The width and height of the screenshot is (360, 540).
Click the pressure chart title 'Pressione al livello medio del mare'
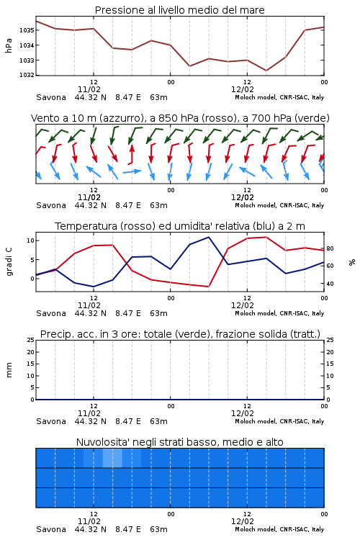[179, 10]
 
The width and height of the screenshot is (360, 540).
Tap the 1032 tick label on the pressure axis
[27, 75]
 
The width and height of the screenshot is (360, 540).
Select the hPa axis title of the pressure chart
[9, 45]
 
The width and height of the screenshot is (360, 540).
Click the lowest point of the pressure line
[266, 71]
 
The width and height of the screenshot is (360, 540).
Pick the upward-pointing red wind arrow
[131, 154]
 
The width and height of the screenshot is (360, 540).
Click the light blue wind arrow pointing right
[132, 171]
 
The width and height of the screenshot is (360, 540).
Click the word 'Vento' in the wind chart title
[42, 118]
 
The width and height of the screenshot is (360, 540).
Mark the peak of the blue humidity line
[208, 237]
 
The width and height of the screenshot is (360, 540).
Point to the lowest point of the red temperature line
[208, 287]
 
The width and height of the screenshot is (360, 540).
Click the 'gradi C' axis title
[9, 262]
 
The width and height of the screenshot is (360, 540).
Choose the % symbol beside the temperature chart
[352, 262]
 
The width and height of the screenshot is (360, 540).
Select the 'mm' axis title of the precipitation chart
[9, 370]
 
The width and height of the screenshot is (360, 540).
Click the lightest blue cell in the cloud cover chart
[112, 458]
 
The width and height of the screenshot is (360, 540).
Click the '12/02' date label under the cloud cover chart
[243, 521]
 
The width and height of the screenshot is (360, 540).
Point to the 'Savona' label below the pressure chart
[51, 97]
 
